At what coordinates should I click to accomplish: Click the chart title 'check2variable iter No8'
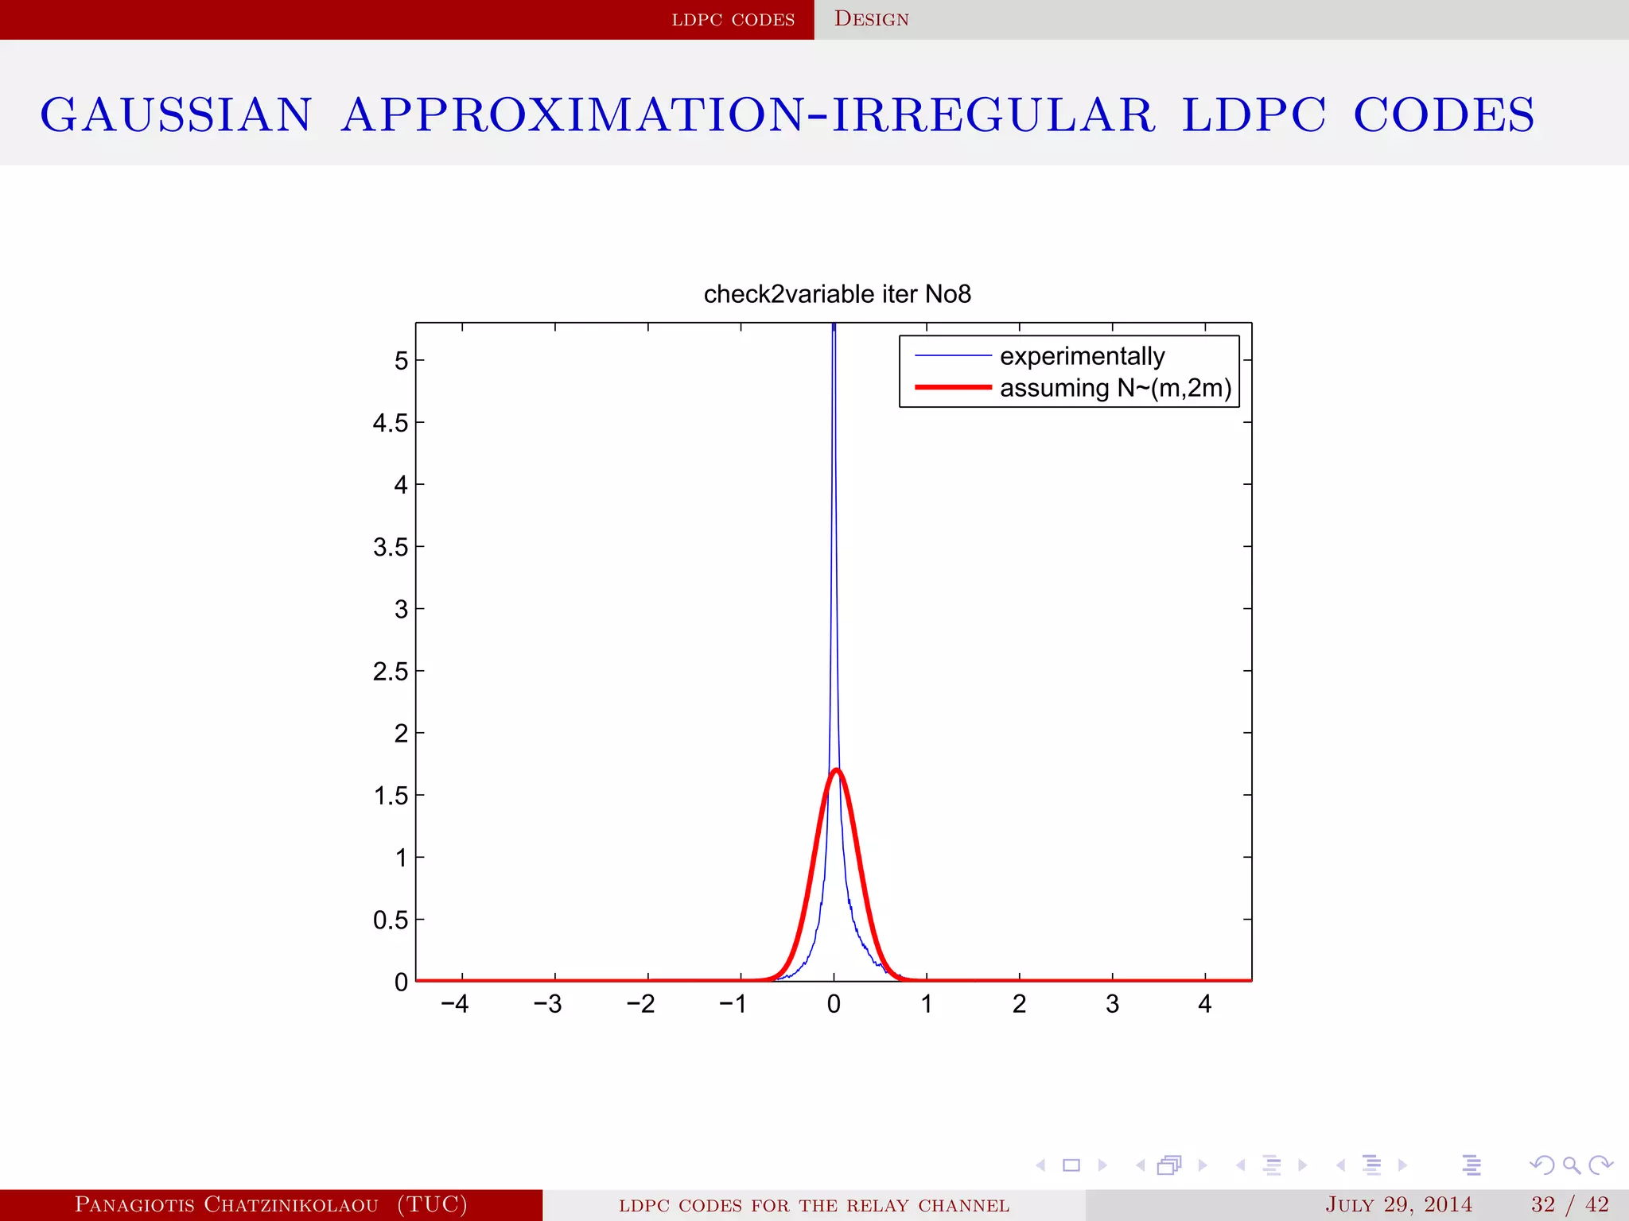837,294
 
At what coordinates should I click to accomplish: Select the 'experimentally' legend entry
1082,356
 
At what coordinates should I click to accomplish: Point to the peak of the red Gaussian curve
836,769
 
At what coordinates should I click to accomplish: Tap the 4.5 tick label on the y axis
390,423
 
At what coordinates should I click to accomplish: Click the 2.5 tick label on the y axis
390,672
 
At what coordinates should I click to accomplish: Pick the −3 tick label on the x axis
547,1005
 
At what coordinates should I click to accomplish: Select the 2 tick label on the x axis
1019,1005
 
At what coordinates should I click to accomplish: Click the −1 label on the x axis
733,1005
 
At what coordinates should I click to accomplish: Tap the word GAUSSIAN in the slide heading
176,114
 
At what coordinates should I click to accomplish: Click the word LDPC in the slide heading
1254,114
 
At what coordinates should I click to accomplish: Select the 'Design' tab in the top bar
871,19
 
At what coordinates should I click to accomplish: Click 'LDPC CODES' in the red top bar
733,20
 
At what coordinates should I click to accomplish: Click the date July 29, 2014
1398,1204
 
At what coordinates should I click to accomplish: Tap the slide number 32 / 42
1569,1204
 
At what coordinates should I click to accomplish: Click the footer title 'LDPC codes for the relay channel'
814,1205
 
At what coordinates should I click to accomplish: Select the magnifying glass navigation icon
1571,1165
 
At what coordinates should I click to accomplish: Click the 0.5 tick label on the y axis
390,921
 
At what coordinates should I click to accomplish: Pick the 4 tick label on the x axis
1204,1005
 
